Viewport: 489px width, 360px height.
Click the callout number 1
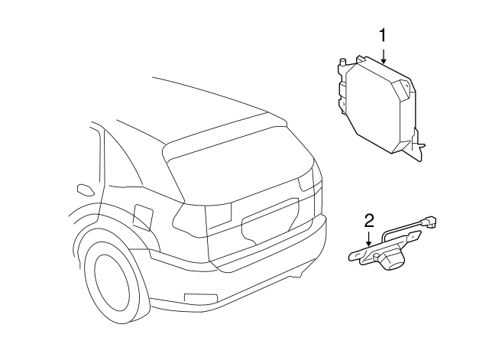[383, 35]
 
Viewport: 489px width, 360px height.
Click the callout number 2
[369, 222]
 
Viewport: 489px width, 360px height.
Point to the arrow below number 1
[383, 55]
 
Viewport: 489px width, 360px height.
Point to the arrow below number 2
[369, 240]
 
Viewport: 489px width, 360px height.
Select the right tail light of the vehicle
[309, 180]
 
